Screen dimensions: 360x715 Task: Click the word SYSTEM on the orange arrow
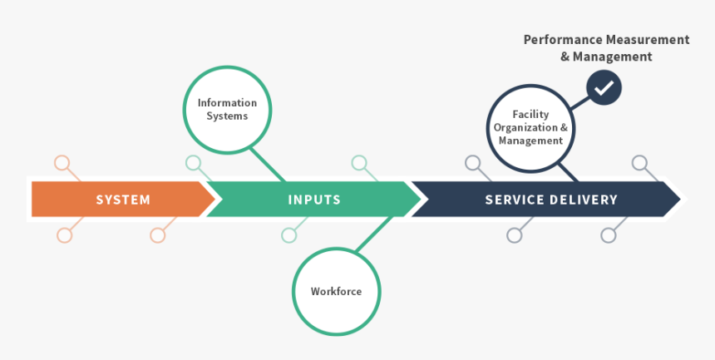click(123, 200)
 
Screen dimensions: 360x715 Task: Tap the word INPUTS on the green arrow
click(314, 200)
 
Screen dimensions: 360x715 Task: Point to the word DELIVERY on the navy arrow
click(588, 200)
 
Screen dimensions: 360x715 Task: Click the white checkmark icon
click(604, 86)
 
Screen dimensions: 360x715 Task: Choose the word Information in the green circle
click(227, 103)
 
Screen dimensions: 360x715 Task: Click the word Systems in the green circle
click(227, 116)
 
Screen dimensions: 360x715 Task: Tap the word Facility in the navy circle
click(530, 115)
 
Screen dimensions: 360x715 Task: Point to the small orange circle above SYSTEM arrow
click(62, 163)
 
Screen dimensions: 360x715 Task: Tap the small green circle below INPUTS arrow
click(288, 235)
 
